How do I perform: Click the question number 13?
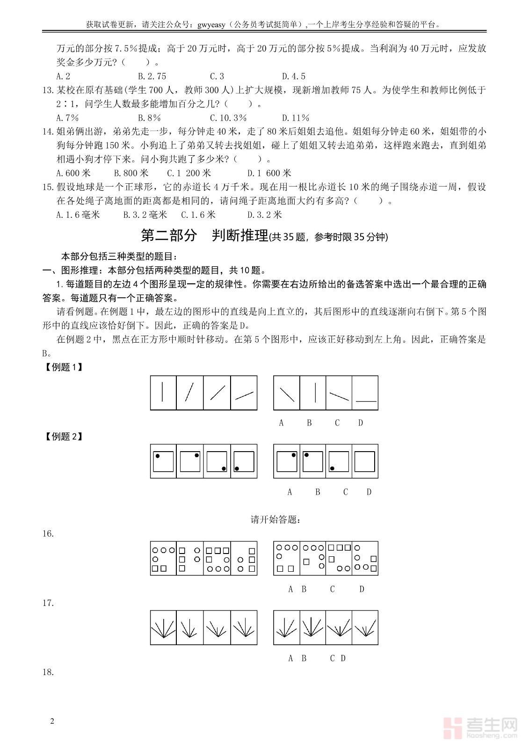coord(48,90)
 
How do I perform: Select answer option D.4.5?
coord(294,76)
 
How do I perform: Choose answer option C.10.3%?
coord(228,118)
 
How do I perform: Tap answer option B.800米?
coord(131,173)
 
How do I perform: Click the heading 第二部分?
coord(169,236)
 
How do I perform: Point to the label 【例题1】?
coord(63,367)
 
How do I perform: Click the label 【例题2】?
coord(63,437)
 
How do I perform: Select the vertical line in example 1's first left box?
coord(162,392)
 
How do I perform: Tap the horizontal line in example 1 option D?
coord(366,401)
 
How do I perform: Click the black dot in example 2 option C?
coord(332,468)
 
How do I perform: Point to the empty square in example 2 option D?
coord(365,461)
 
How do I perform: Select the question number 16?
coord(48,534)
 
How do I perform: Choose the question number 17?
coord(48,603)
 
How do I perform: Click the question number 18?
coord(48,672)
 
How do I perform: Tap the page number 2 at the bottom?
coord(52,721)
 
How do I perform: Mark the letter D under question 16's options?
coord(362,589)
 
